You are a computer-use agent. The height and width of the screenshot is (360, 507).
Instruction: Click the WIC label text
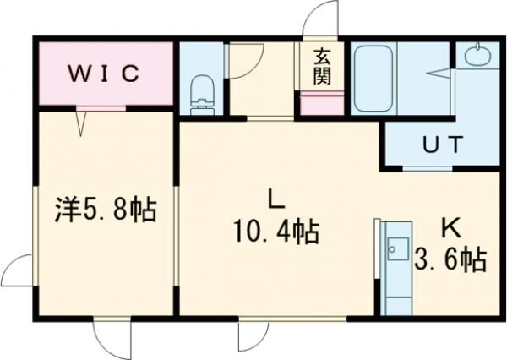(102, 73)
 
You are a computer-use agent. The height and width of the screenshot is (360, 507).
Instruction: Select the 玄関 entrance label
(322, 68)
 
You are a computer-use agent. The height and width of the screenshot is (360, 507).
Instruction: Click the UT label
(443, 144)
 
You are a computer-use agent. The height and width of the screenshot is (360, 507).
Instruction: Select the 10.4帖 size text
(276, 231)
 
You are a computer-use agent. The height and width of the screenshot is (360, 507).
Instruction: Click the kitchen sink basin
(395, 250)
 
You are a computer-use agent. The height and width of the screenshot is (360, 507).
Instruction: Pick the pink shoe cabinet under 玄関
(322, 106)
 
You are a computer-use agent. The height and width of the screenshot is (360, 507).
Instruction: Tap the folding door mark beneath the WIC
(83, 123)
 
